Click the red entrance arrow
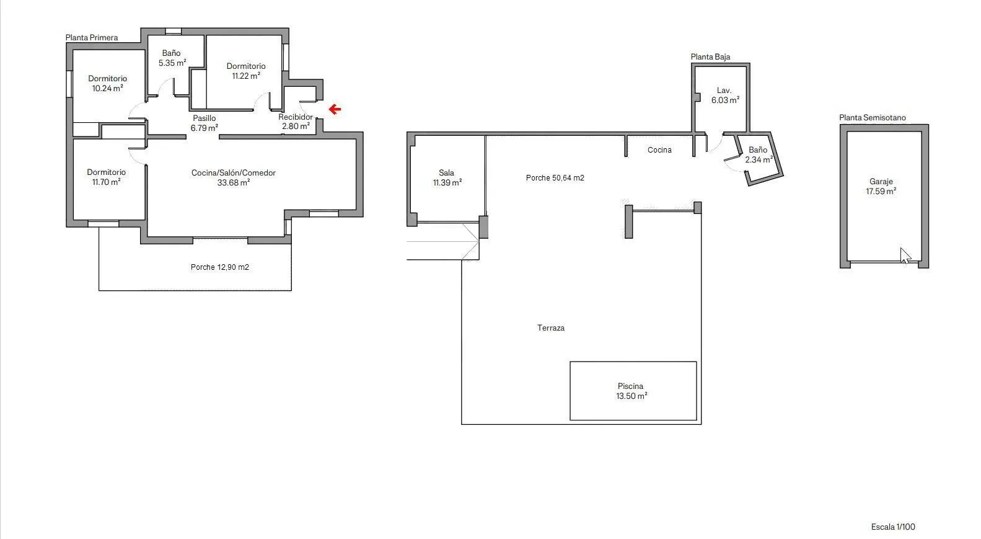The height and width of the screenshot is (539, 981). pos(335,109)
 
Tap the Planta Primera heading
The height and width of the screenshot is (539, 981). pos(92,38)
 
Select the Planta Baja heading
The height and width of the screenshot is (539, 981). pos(710,57)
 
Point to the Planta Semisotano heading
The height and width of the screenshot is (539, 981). pos(873,117)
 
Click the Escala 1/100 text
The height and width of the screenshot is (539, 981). pos(893,527)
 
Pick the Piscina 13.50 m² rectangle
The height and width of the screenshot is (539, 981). pos(633,391)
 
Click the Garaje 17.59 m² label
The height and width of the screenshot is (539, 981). pos(881,186)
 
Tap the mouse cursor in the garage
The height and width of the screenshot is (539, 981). pos(905,256)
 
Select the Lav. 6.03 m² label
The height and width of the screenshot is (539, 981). pos(725,95)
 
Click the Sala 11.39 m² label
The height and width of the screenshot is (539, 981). pos(447,177)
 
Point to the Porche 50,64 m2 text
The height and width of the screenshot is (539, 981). pos(555,178)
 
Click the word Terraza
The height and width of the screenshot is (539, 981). pos(551,327)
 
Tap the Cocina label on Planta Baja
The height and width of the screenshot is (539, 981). pos(659,150)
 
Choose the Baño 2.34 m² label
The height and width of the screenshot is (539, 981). pos(759,154)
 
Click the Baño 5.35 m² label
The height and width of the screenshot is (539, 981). pos(172,58)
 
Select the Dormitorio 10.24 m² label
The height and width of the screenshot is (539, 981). pos(107,83)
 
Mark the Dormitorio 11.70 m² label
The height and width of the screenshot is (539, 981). pos(106,177)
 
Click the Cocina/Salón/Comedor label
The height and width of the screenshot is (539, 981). pos(234,172)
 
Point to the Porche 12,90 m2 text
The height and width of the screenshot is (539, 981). pos(220,267)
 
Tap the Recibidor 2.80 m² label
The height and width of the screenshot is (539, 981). pos(296,122)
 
